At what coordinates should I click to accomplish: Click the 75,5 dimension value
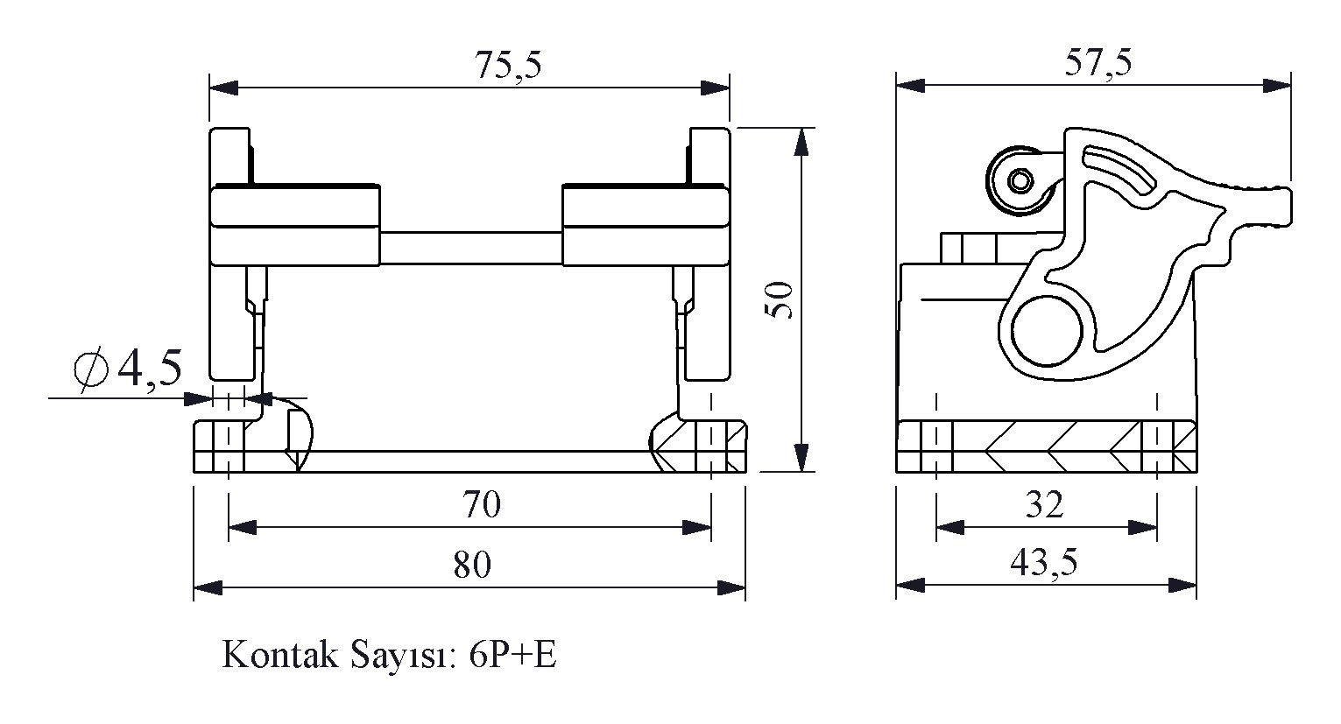coord(508,65)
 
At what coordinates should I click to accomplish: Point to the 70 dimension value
coord(481,505)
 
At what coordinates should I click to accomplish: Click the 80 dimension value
coord(472,566)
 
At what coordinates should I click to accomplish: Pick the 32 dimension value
coord(1044,505)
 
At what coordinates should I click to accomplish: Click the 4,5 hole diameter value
coord(150,368)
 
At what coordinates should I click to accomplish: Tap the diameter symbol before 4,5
coord(91,369)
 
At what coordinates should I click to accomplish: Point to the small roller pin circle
coord(1020,181)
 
